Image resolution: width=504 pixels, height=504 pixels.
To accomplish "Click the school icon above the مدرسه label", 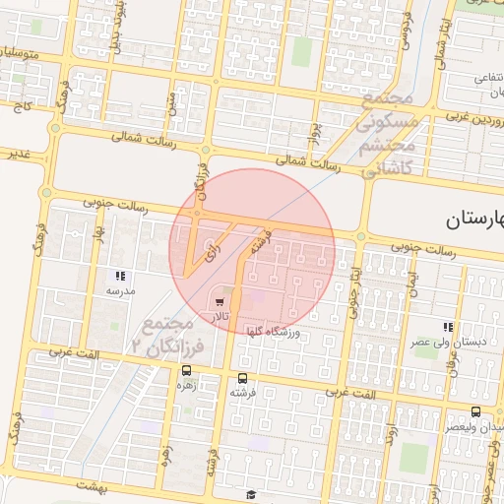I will pyautogui.click(x=120, y=277).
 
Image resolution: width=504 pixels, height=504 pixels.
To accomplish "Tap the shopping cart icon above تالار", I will pyautogui.click(x=219, y=302).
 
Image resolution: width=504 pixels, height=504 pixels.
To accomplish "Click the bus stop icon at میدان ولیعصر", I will pyautogui.click(x=476, y=412).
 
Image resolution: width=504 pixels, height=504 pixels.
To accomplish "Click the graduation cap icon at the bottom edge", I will pyautogui.click(x=251, y=494).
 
